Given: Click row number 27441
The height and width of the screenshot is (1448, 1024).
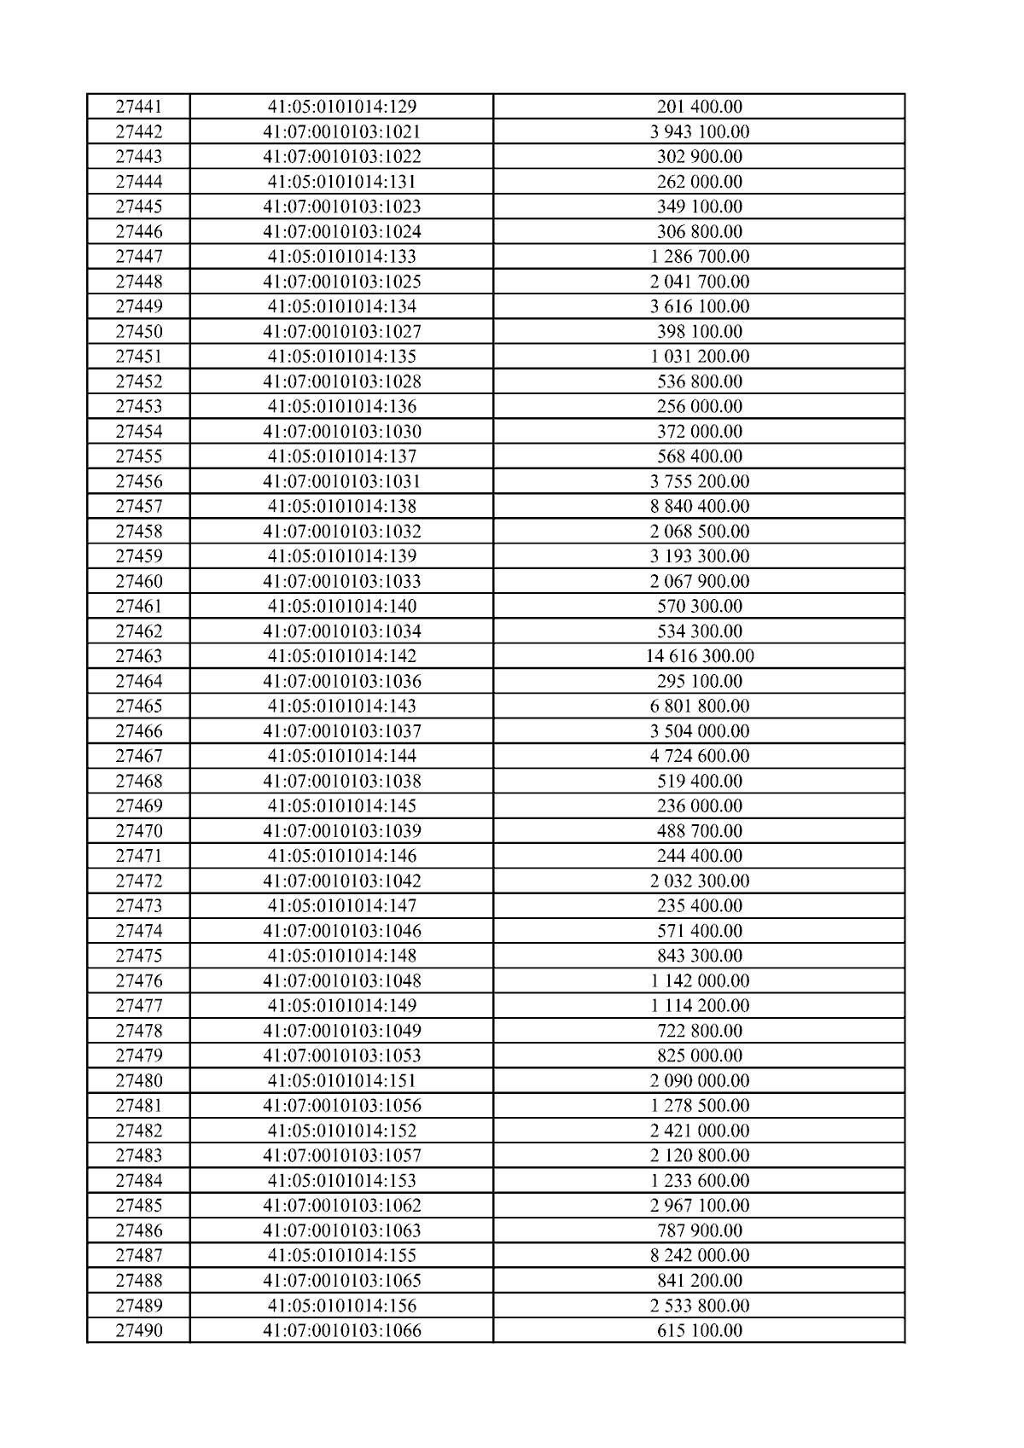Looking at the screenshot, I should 139,107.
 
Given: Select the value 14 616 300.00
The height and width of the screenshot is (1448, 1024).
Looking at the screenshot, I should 699,656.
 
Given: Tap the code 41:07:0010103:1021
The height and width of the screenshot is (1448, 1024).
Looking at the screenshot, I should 341,131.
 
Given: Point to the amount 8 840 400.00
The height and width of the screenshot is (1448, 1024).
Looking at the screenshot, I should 699,506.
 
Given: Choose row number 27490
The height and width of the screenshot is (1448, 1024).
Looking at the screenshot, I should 139,1330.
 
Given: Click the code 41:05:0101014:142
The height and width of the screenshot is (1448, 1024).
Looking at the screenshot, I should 341,656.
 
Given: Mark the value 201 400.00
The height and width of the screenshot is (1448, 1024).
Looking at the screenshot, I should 699,107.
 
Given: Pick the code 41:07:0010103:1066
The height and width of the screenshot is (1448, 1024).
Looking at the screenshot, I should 341,1330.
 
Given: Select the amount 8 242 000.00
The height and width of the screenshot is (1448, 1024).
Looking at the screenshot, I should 699,1255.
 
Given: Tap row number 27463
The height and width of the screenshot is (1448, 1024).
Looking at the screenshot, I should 139,656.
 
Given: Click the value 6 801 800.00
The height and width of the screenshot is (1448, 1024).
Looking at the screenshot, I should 699,706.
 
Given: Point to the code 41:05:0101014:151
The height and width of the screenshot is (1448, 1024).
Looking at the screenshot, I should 341,1080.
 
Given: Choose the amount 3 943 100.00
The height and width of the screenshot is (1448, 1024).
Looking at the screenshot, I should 699,131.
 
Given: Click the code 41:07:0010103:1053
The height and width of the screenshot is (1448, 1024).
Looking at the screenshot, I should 341,1055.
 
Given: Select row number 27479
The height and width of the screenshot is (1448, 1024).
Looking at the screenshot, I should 139,1055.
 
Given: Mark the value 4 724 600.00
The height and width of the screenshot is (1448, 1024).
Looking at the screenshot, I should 699,756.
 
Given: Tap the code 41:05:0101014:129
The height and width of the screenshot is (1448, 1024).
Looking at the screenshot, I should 341,107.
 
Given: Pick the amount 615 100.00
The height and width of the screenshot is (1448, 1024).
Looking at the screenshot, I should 699,1330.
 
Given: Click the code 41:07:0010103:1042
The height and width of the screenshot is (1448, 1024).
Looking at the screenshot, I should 341,881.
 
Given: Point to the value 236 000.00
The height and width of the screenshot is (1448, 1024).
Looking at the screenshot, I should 699,805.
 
